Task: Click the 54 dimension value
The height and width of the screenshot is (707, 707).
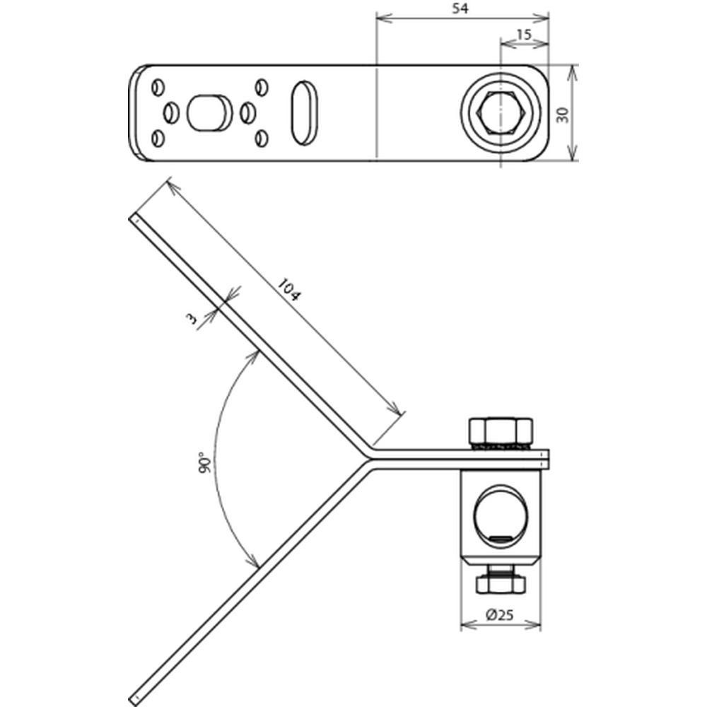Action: click(462, 8)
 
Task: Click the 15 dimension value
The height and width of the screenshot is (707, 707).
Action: click(524, 34)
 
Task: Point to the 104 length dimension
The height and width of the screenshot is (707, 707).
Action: click(288, 291)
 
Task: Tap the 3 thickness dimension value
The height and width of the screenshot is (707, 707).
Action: click(192, 320)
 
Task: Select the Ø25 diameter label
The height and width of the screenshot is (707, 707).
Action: click(501, 616)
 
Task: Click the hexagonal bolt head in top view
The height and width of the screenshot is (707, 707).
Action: click(501, 112)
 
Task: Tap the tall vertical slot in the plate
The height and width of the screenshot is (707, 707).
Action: click(306, 112)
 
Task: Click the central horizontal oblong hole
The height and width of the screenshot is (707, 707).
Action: click(209, 112)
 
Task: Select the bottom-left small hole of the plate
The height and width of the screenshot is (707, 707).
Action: click(158, 137)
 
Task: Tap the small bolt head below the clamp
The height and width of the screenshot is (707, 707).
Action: click(501, 584)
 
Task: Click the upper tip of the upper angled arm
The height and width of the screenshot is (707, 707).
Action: click(133, 218)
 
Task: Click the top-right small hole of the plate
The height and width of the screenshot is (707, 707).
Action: click(262, 87)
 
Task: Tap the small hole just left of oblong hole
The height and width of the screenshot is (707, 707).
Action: click(171, 112)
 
